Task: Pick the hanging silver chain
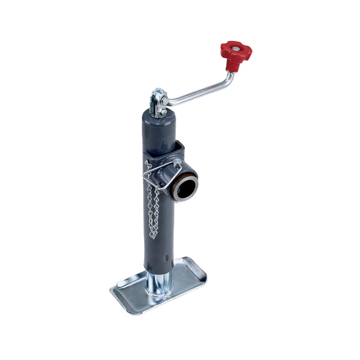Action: (151, 204)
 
